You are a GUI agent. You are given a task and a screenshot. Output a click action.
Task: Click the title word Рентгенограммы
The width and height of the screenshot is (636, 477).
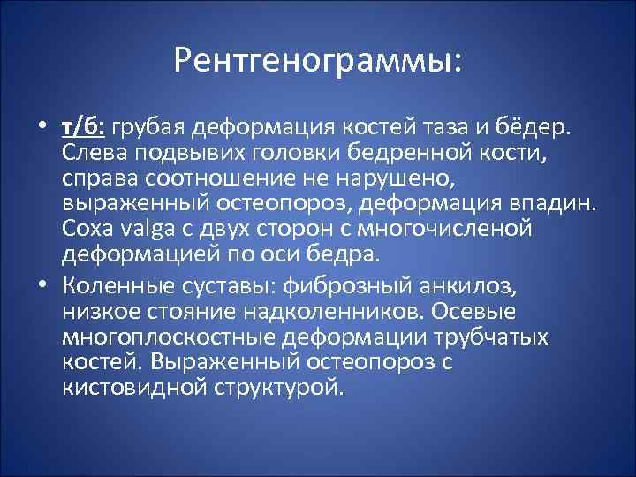coord(317,60)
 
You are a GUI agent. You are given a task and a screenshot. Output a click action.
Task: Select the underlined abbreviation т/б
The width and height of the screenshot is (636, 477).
coord(84,128)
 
